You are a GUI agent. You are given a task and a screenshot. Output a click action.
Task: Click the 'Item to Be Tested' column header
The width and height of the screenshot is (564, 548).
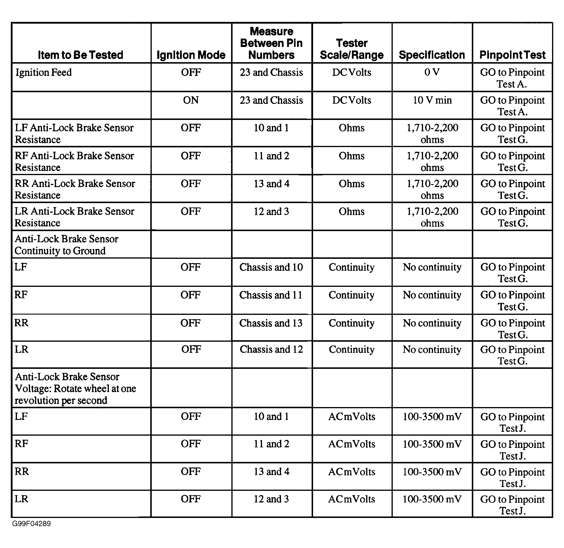[x=81, y=55]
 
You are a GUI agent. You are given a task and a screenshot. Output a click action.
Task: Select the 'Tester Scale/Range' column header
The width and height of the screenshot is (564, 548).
[x=352, y=49]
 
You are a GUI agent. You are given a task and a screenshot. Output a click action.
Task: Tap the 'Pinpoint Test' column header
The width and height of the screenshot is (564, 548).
[x=512, y=55]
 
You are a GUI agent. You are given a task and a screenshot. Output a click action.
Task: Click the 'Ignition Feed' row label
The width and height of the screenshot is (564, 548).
[x=43, y=72]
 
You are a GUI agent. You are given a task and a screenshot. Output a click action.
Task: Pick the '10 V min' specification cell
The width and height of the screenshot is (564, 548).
[x=432, y=100]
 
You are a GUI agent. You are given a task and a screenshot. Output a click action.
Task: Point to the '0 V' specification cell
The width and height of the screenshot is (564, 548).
[x=432, y=72]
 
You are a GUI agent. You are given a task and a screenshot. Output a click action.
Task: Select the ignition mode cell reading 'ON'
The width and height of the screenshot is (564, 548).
[x=191, y=100]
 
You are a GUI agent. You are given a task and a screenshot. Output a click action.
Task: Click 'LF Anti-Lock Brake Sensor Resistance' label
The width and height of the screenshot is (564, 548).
[x=74, y=134]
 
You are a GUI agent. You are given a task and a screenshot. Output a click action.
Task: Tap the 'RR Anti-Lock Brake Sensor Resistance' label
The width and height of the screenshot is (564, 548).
[x=75, y=189]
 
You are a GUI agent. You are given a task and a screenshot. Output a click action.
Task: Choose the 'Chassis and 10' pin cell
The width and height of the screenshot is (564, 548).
[x=271, y=267]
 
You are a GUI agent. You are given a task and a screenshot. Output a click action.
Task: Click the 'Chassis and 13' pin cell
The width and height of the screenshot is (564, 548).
[x=271, y=323]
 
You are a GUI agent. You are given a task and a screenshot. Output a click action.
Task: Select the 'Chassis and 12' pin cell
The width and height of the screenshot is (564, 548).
[x=271, y=350]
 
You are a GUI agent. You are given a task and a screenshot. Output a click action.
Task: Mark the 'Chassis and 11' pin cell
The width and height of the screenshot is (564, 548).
[x=271, y=295]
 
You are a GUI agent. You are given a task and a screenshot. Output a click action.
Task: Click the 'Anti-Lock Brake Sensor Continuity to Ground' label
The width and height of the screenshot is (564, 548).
[x=67, y=245]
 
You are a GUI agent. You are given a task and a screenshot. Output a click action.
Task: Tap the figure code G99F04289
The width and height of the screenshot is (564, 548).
[x=32, y=524]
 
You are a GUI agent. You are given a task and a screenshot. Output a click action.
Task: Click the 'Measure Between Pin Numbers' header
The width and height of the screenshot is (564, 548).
[x=271, y=43]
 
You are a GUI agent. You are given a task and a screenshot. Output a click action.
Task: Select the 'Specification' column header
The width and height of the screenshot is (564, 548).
[x=432, y=55]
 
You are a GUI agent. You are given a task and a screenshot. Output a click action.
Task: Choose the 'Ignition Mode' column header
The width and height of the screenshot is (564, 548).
[x=191, y=55]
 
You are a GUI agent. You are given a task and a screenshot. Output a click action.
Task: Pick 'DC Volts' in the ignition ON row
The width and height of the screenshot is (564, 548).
[x=352, y=100]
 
